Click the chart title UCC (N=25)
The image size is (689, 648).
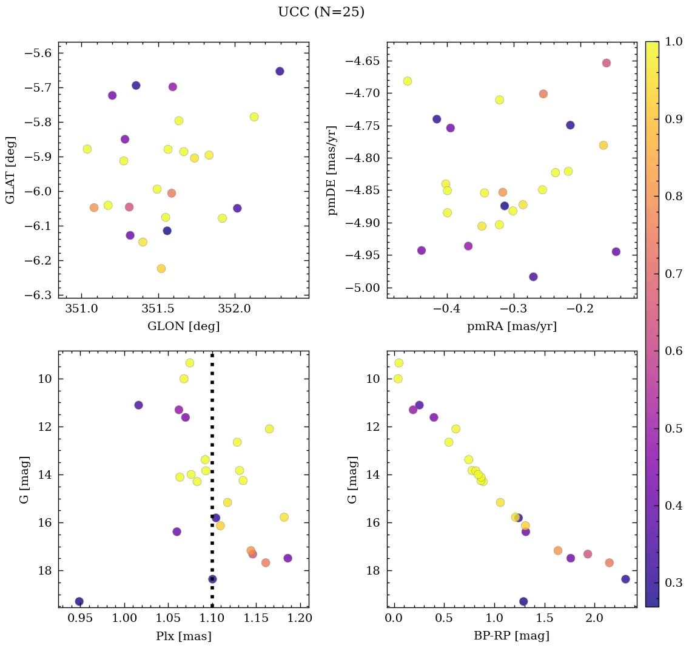[321, 12]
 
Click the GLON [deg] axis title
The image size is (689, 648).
[183, 326]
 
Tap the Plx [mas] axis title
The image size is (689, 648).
[183, 636]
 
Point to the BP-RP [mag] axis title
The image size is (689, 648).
[512, 636]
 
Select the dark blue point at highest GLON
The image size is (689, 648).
[280, 71]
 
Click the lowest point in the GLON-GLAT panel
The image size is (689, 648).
[161, 268]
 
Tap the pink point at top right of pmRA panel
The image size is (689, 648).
[607, 63]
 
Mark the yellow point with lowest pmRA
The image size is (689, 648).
[408, 81]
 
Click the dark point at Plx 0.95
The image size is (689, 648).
[79, 601]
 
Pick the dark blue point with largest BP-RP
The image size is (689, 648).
[625, 579]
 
